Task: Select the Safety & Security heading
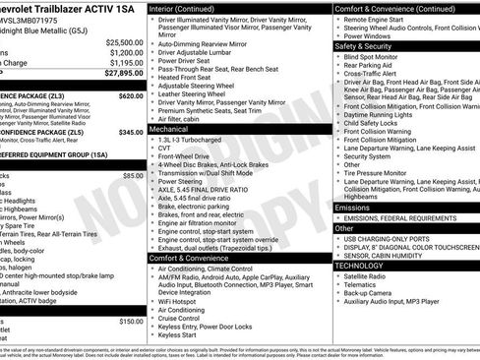coord(363,45)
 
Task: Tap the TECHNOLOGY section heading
coord(360,265)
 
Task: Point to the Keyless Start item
coord(178,335)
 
